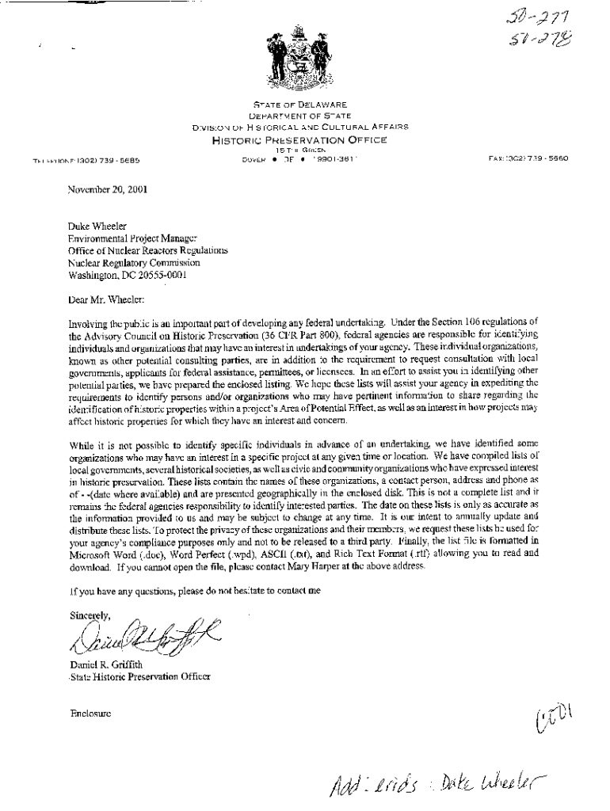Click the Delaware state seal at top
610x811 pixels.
(299, 58)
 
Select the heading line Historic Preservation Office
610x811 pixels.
(299, 140)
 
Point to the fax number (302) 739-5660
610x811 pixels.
(539, 158)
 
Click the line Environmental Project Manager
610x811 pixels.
(134, 238)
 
